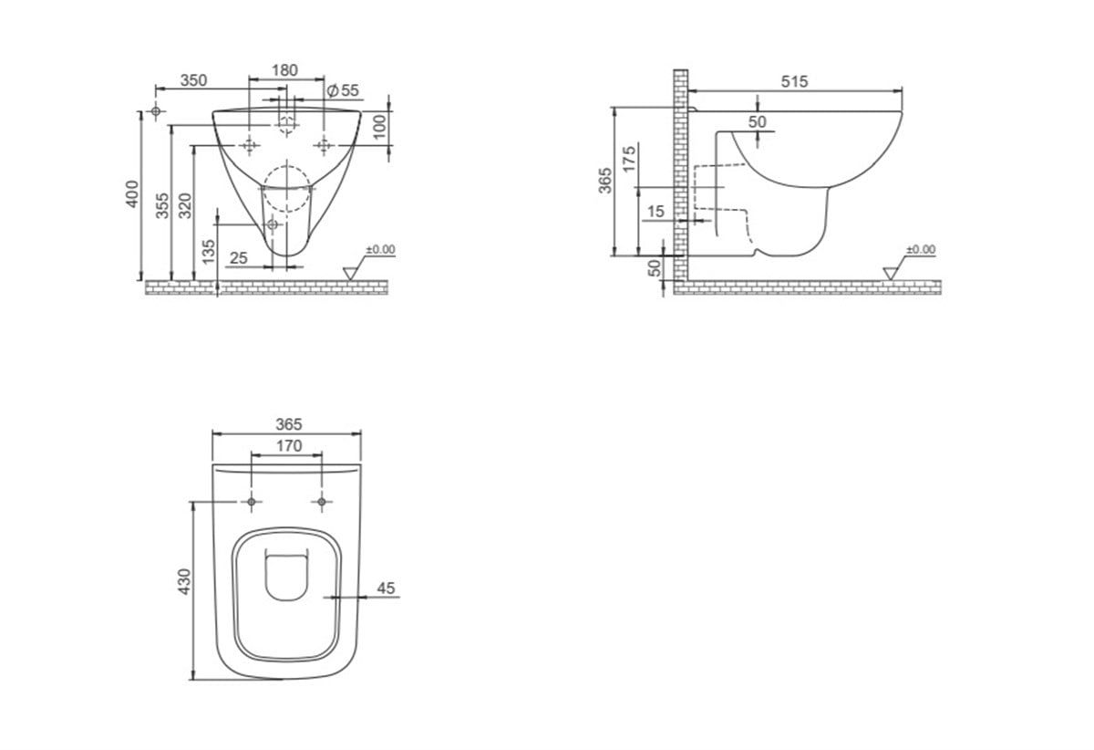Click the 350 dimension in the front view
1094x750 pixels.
click(x=194, y=80)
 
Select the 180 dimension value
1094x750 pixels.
click(x=284, y=70)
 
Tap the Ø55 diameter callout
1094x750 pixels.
click(x=343, y=90)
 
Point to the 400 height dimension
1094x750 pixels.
click(x=133, y=193)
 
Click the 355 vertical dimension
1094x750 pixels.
click(x=162, y=205)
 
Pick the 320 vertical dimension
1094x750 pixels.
click(x=186, y=205)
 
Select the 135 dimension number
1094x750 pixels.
click(x=209, y=251)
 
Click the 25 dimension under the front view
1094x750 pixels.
click(x=239, y=257)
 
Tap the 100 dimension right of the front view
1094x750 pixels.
click(x=379, y=127)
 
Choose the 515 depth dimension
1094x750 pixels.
click(x=795, y=81)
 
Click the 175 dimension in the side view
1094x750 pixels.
click(x=630, y=159)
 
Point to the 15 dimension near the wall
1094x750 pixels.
click(x=655, y=211)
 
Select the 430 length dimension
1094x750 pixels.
click(x=184, y=581)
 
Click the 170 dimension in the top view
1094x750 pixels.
click(x=289, y=446)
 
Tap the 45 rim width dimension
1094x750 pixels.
click(x=386, y=589)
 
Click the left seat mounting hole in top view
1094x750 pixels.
click(x=252, y=502)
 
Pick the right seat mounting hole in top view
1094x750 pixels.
click(x=321, y=502)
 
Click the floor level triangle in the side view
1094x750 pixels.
click(x=890, y=274)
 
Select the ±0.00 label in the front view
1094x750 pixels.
click(x=380, y=249)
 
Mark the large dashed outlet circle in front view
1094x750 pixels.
click(x=286, y=189)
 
